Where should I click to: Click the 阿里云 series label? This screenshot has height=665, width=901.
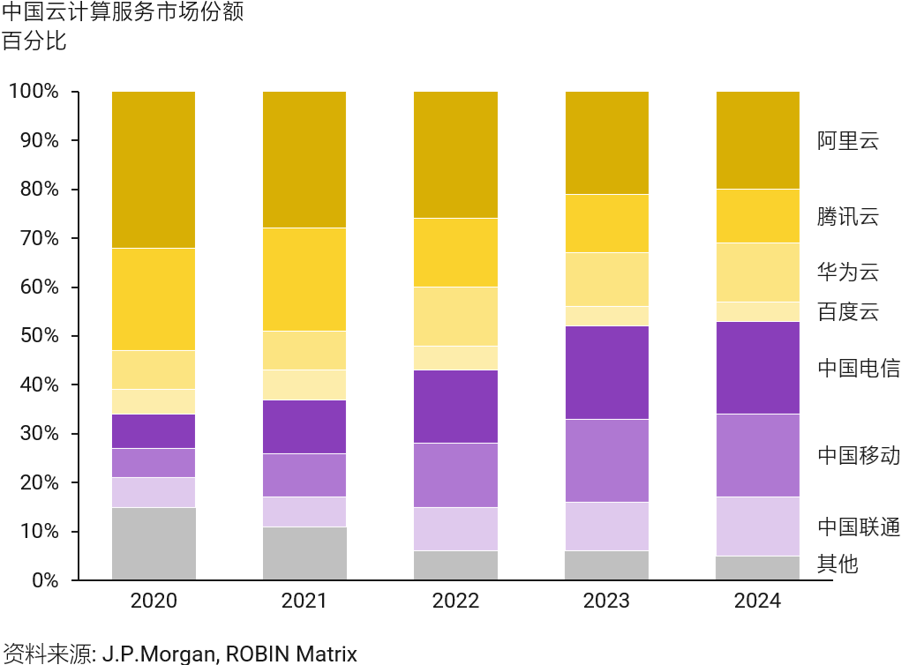847,141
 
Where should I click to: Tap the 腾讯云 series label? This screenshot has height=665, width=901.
847,217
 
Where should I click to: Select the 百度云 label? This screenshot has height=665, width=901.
847,312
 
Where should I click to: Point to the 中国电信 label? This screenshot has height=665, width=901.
858,368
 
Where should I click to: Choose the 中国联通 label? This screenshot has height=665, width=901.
858,527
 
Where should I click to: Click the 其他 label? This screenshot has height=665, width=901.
837,564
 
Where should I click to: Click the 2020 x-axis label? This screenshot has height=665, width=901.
154,601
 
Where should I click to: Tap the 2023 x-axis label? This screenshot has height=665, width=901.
606,601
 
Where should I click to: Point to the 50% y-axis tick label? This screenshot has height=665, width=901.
36,336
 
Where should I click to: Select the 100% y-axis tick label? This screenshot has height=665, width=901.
33,92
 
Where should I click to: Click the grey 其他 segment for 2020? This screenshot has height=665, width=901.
154,543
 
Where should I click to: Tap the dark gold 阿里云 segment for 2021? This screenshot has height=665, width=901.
304,160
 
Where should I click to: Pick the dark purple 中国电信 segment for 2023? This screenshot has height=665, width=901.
606,372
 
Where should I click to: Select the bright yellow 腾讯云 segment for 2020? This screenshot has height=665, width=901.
154,299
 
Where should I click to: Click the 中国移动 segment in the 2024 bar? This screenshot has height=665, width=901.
757,455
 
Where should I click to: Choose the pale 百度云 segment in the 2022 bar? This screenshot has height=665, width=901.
455,357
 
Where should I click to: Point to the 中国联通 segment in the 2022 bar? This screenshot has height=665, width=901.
455,529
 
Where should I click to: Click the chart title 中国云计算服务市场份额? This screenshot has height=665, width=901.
123,13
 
